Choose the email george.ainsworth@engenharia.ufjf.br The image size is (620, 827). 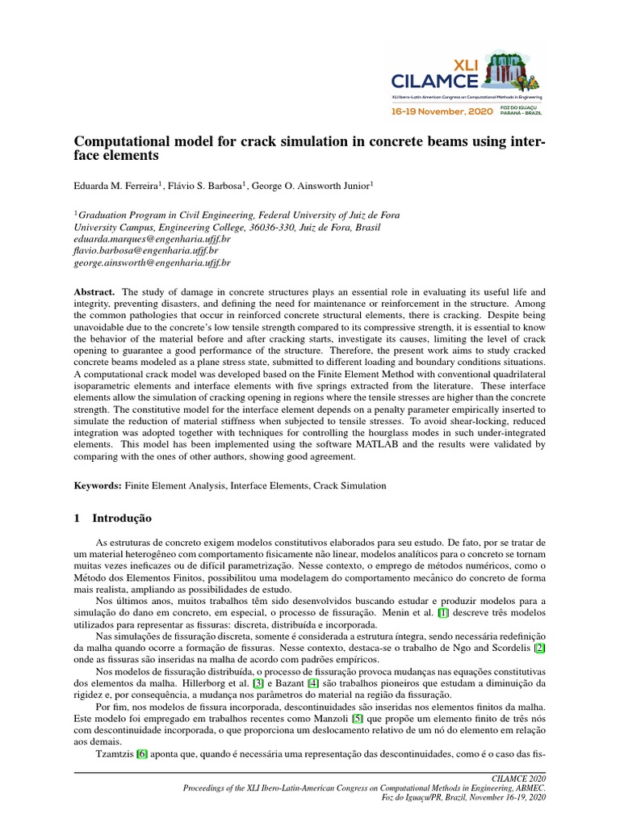click(152, 262)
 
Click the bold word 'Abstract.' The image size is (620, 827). click(94, 291)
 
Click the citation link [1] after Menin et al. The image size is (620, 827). click(442, 613)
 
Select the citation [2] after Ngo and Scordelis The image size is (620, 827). click(540, 648)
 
